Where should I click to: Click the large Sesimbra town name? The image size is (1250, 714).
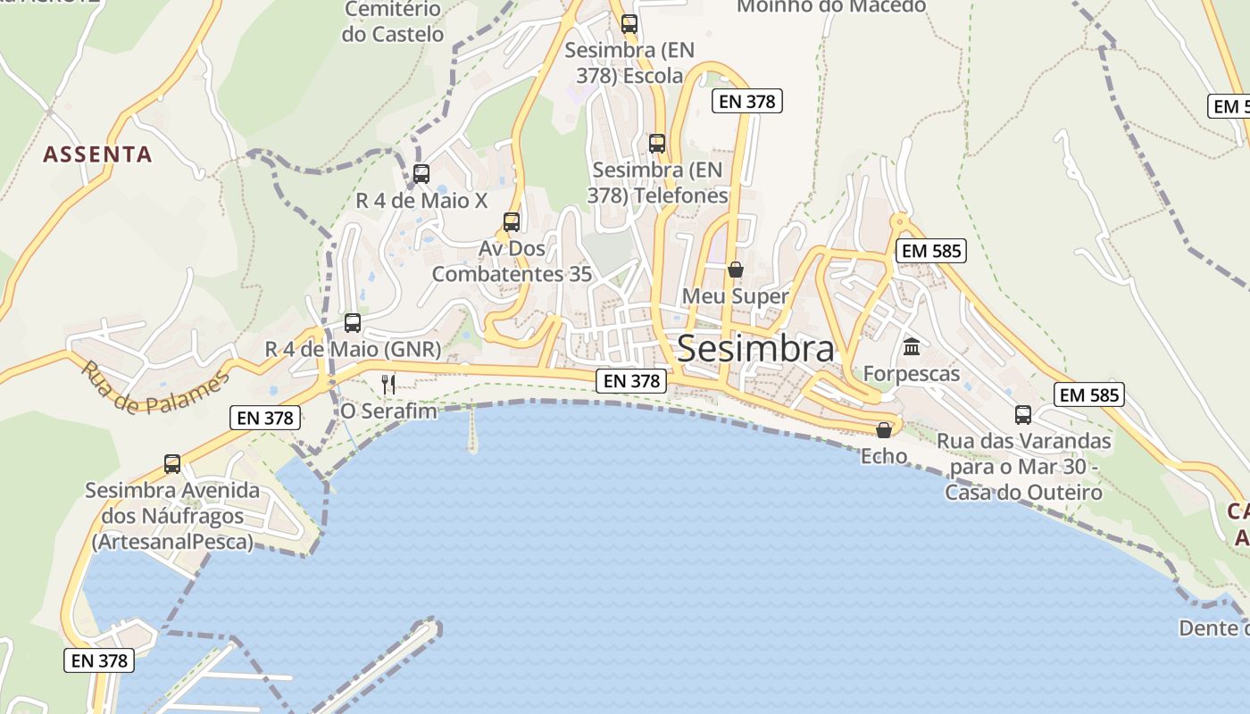point(755,349)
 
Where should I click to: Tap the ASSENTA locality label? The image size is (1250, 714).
point(97,154)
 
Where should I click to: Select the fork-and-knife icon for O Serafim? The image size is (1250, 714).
point(387,385)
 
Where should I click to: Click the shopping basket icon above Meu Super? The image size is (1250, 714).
point(736,270)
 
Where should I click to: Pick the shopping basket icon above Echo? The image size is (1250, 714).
point(884,430)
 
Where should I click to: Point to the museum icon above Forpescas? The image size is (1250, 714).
point(912,346)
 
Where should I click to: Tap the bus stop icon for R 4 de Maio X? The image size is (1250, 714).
point(421,174)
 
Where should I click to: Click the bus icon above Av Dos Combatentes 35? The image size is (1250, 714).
point(512,221)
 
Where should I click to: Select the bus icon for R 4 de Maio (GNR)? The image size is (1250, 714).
point(353,322)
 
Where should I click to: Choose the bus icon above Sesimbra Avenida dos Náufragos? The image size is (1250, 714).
point(172,464)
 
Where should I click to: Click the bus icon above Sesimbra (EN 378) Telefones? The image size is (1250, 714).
point(657,143)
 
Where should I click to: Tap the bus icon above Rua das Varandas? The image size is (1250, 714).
point(1023,415)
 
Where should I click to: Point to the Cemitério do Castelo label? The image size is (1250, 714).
point(392,22)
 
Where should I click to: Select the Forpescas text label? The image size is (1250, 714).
point(911,374)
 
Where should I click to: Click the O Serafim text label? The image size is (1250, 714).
point(388,411)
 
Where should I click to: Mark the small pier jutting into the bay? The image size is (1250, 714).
point(472,432)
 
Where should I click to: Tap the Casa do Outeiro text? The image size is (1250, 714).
point(1023,492)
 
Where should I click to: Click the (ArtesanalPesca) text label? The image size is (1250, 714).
point(172,542)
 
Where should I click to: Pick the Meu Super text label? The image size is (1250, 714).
point(735,296)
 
